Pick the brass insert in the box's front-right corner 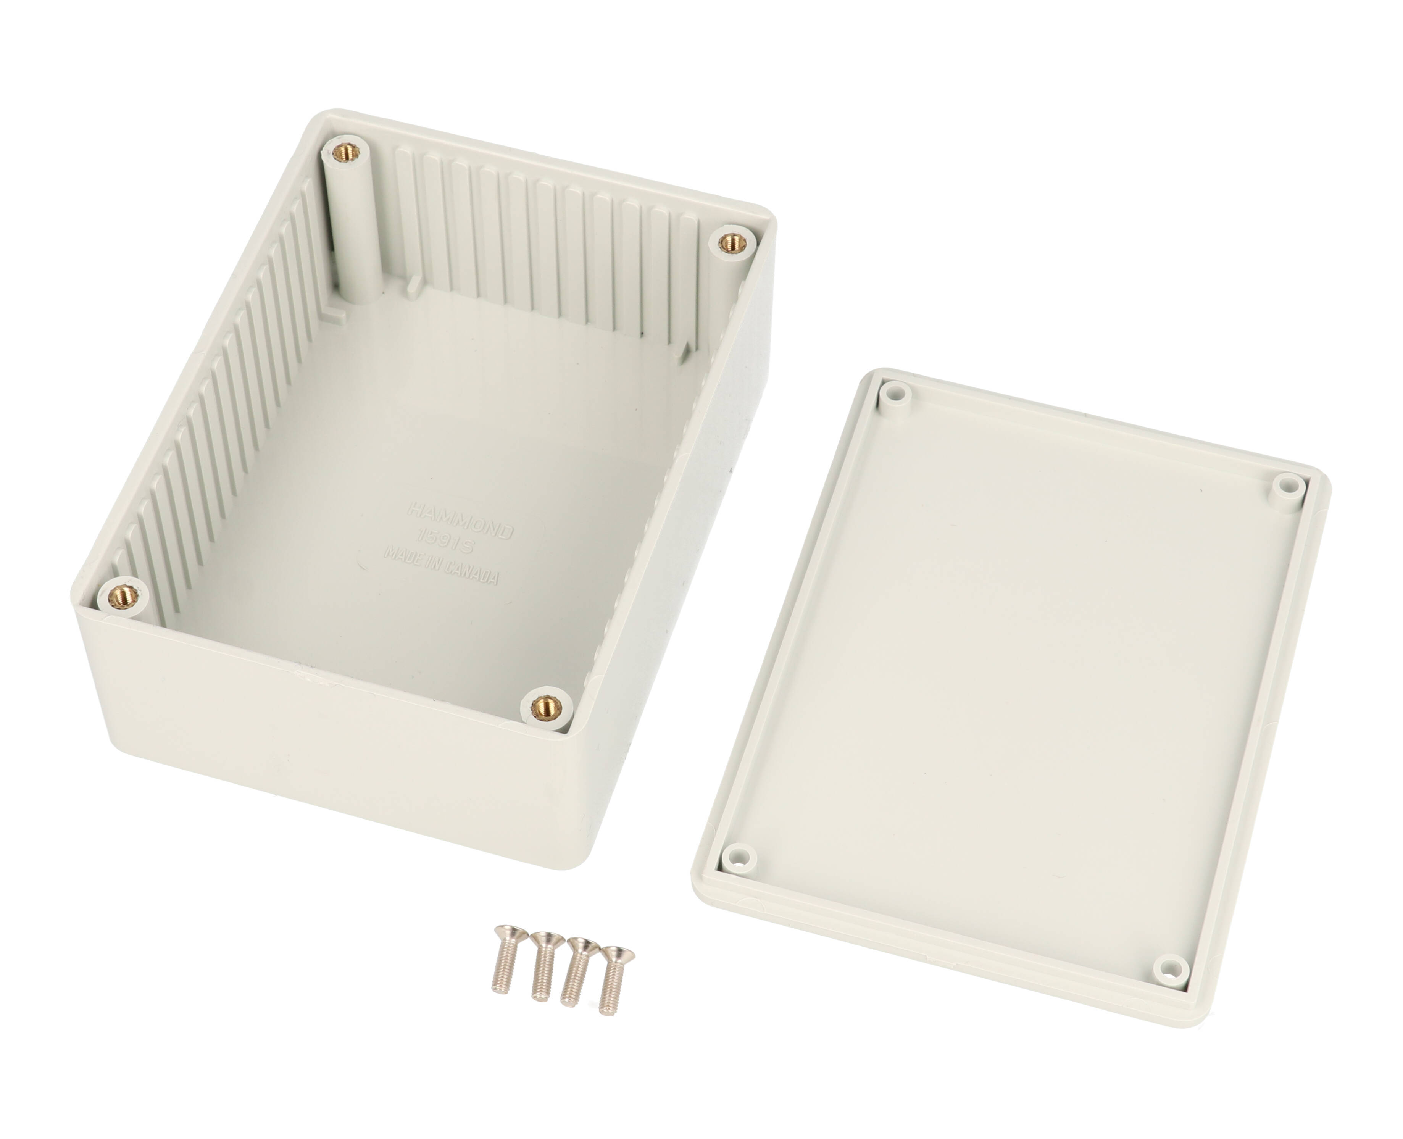[x=546, y=707]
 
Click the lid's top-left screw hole [x=896, y=395]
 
